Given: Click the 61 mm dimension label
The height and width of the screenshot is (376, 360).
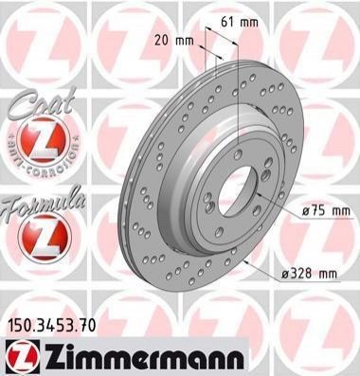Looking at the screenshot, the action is (x=239, y=22).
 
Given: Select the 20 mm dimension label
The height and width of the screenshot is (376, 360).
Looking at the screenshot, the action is (x=173, y=41).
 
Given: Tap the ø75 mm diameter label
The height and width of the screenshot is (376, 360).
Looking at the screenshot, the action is (x=326, y=210).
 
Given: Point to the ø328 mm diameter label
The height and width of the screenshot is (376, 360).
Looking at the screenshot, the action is (x=309, y=274).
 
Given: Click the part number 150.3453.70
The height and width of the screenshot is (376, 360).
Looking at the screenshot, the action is (x=50, y=326).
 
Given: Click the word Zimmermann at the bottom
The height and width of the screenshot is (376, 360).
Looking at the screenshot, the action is (x=145, y=357).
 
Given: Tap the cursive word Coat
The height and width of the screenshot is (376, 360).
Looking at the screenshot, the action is (x=42, y=103).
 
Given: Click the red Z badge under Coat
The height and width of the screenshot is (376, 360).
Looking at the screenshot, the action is (x=43, y=138).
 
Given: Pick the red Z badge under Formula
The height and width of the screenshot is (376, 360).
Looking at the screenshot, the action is (x=44, y=236).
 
